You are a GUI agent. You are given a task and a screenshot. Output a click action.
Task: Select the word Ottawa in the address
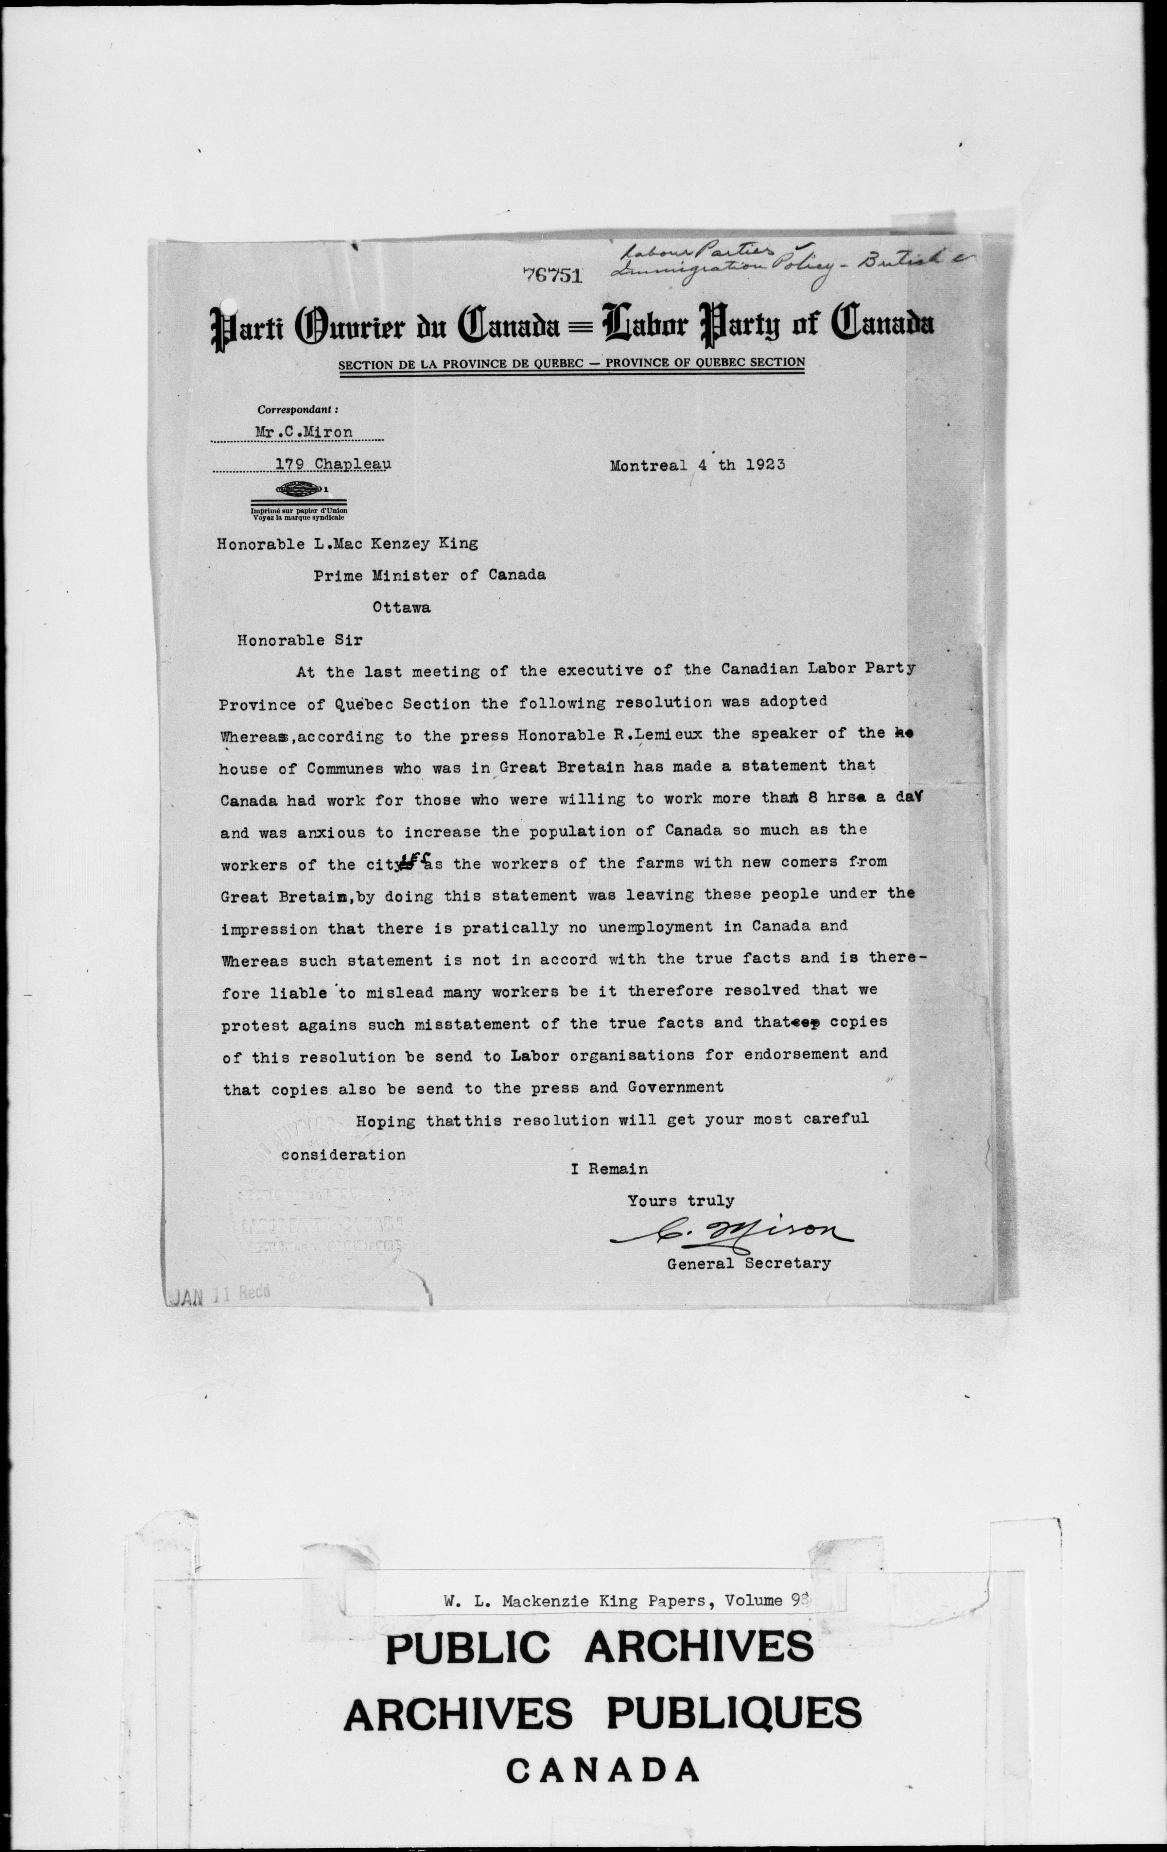point(402,607)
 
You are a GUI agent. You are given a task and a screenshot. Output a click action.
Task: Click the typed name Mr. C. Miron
point(304,432)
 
